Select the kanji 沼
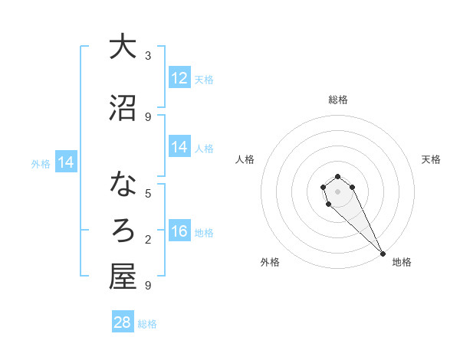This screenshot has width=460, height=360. click(123, 109)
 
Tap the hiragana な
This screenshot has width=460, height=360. click(123, 185)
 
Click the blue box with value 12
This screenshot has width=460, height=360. click(179, 78)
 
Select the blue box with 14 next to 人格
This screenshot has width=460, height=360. click(179, 147)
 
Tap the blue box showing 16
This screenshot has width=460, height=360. click(179, 231)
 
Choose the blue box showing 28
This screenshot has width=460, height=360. click(123, 322)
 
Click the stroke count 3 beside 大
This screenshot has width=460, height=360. click(148, 56)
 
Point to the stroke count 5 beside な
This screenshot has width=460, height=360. click(148, 193)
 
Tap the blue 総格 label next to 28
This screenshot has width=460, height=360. click(147, 324)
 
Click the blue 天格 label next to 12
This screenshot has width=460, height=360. click(204, 80)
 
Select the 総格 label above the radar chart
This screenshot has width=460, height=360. click(338, 100)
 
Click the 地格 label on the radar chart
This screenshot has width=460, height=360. click(402, 262)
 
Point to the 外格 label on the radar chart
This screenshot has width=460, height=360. click(270, 262)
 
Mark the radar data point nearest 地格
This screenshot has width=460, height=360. click(383, 254)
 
